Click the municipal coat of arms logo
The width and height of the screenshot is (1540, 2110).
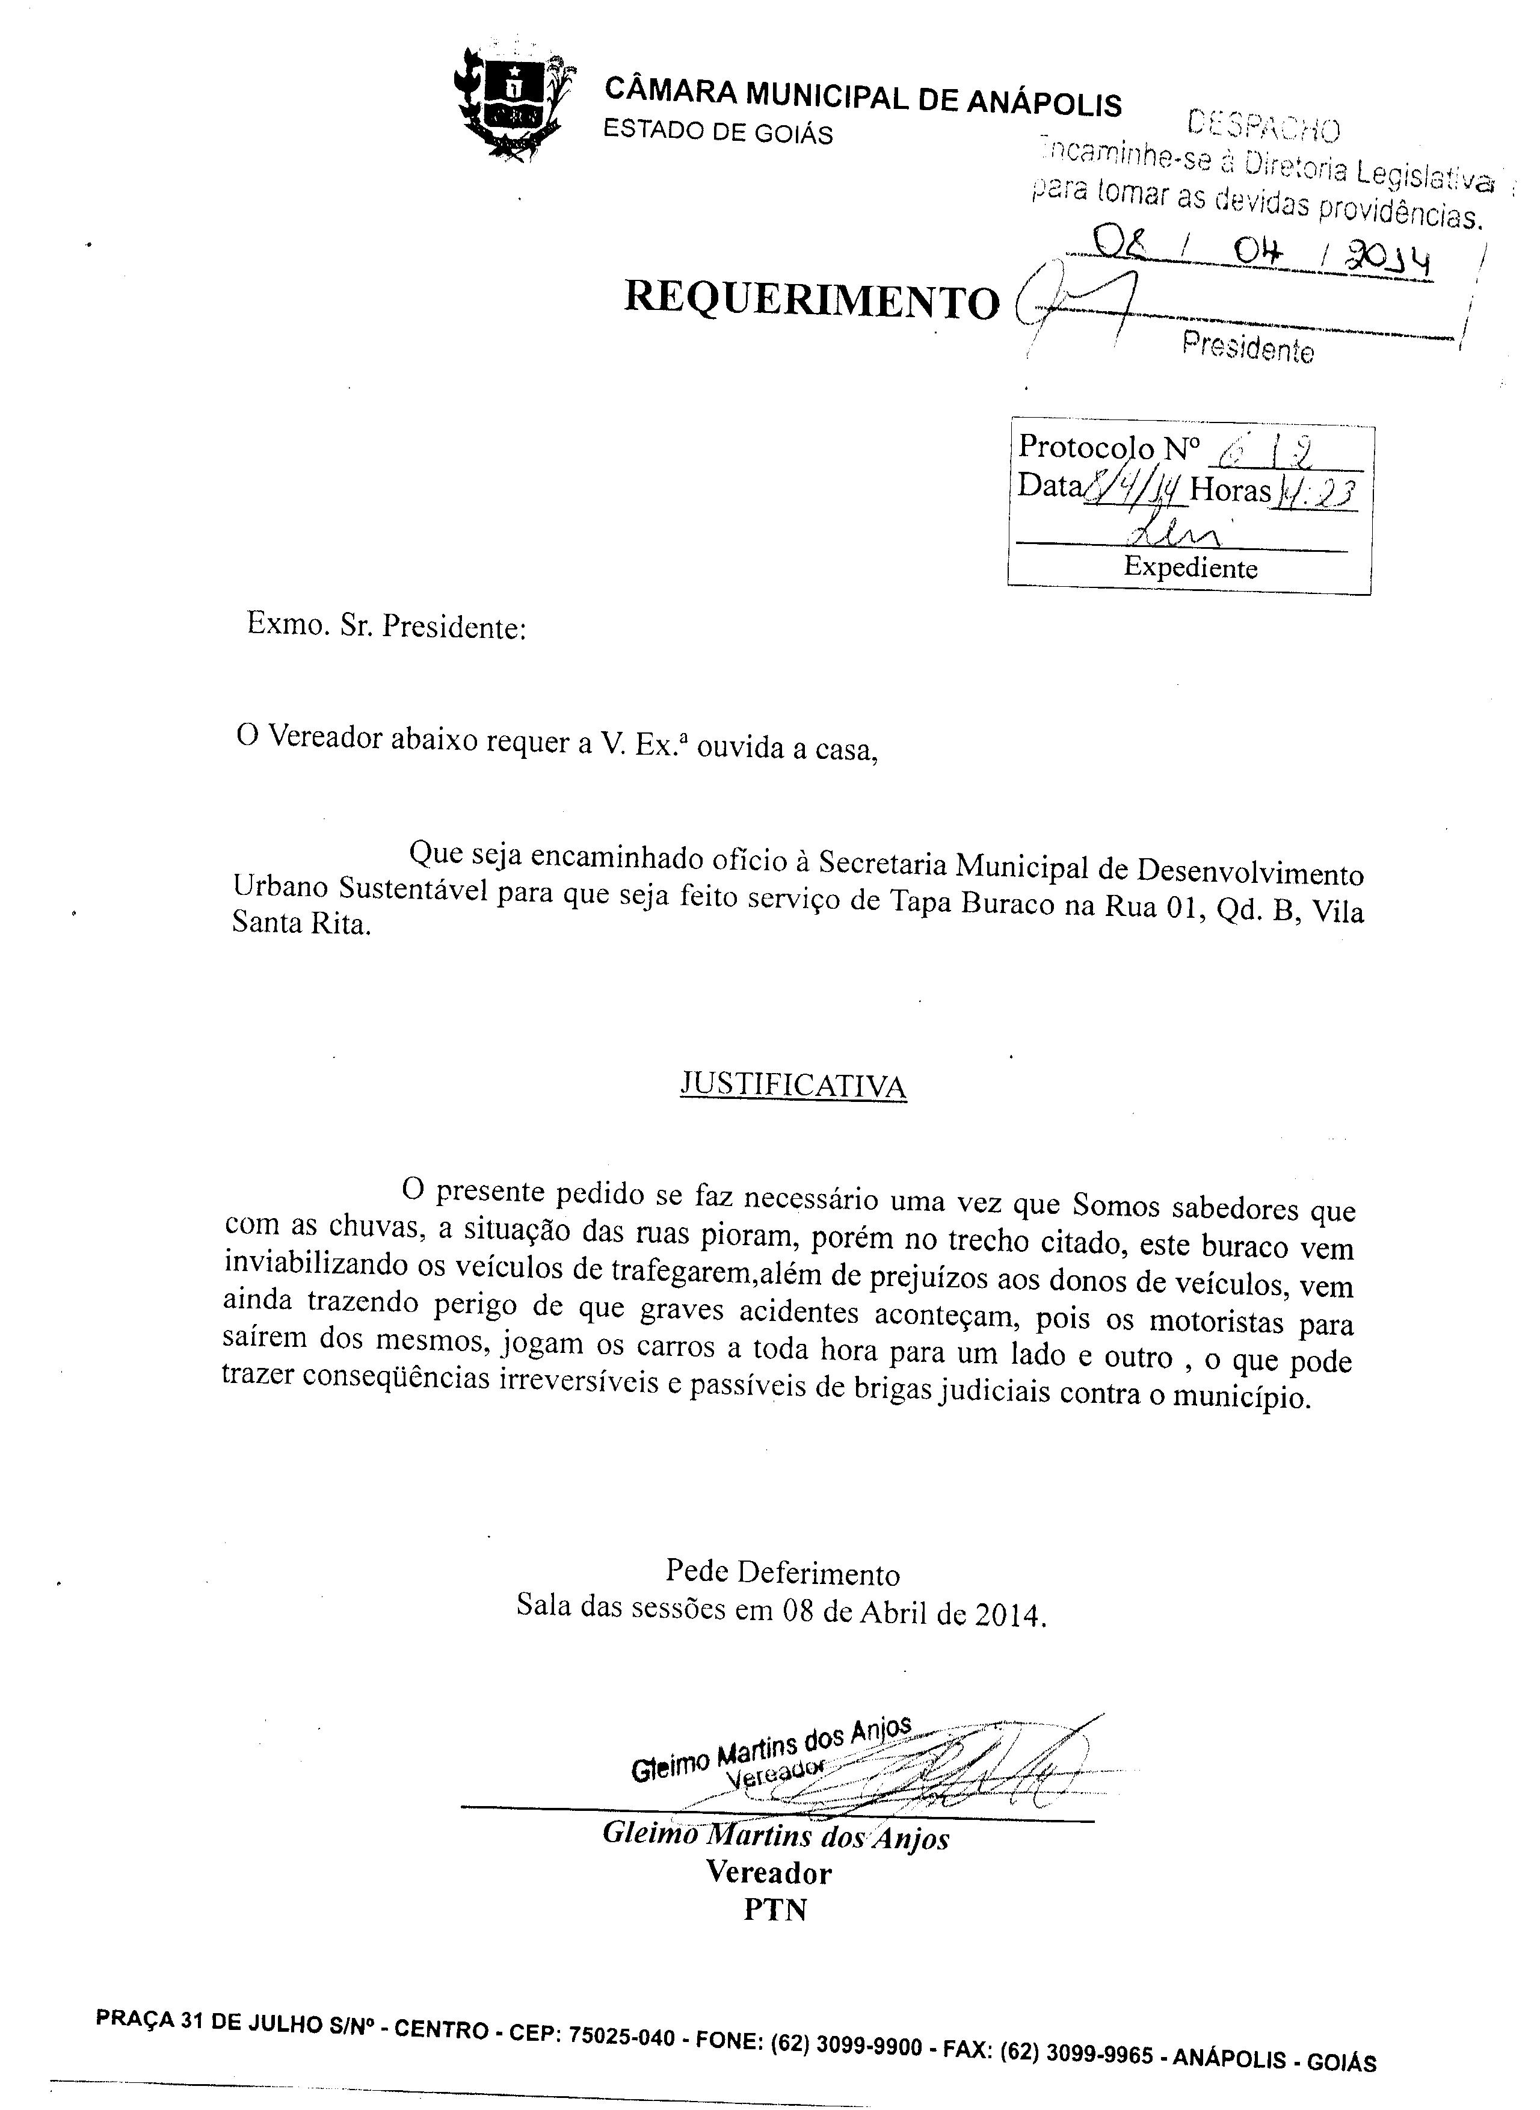[512, 104]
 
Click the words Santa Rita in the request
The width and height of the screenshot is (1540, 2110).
[300, 926]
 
